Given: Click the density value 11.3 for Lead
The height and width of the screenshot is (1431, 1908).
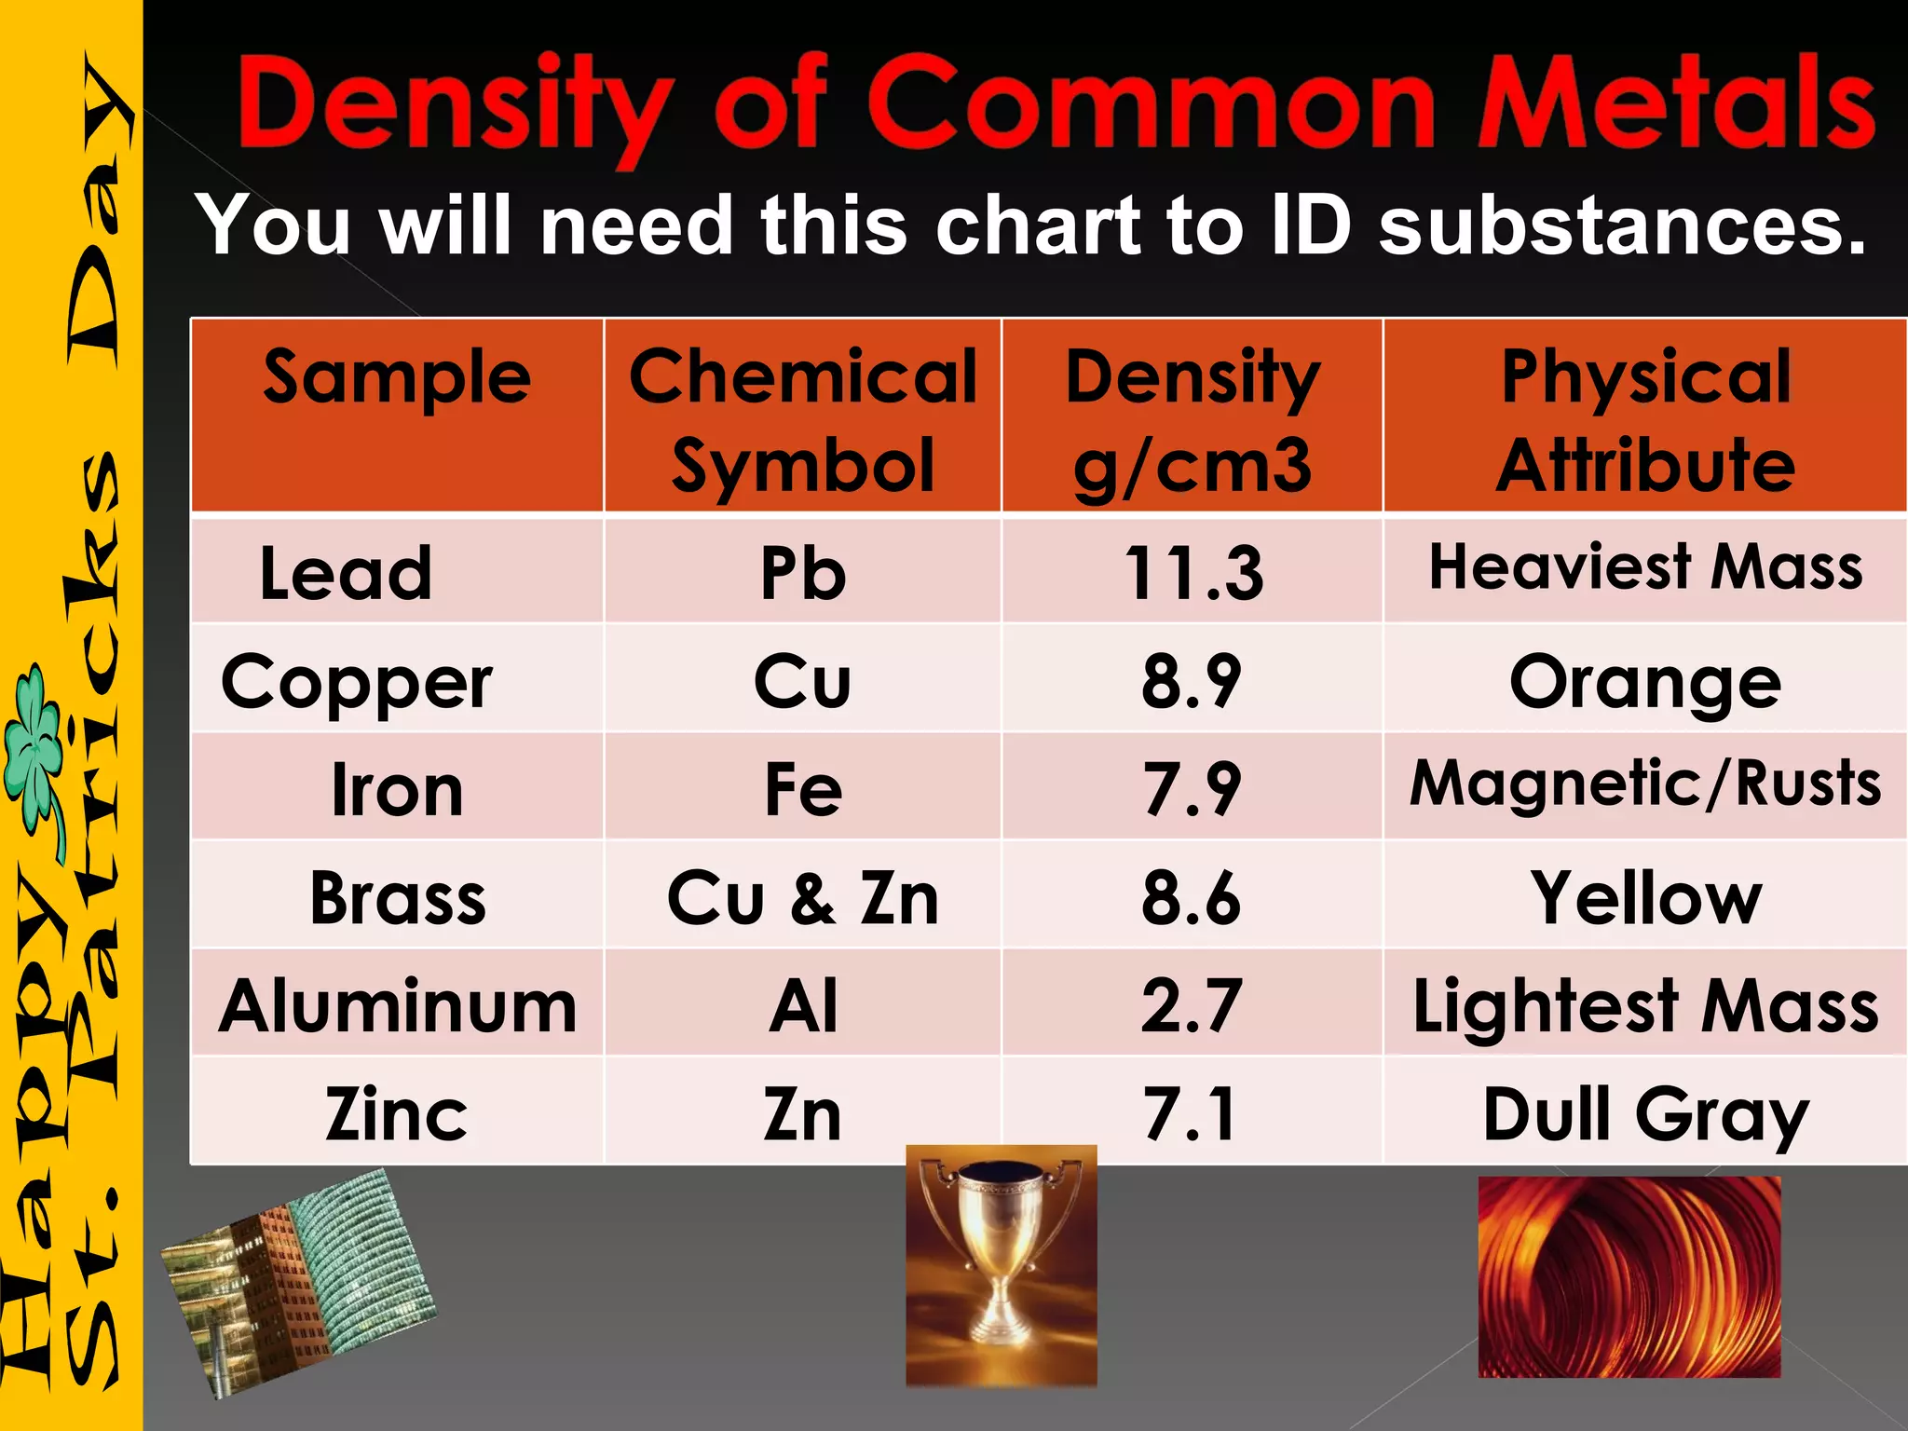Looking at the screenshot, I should tap(1193, 572).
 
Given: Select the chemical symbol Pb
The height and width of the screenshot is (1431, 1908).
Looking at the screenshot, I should tap(802, 572).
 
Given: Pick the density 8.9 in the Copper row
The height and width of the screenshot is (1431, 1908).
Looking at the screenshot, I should tap(1192, 681).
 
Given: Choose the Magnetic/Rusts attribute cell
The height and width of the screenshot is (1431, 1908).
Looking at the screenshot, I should tap(1645, 784).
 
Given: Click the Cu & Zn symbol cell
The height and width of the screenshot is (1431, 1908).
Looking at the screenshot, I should tap(802, 898).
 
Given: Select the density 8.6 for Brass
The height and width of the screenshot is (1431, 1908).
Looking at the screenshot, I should tap(1192, 898).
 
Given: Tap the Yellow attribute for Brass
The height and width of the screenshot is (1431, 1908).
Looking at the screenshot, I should tap(1645, 898).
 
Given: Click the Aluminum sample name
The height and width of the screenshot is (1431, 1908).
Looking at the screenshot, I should tap(398, 1007).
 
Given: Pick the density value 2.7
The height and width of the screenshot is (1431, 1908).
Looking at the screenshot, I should tap(1192, 1006).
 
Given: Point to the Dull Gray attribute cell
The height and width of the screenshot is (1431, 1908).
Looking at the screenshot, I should tap(1645, 1114).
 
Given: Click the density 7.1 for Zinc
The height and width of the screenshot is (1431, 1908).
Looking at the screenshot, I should tap(1192, 1114).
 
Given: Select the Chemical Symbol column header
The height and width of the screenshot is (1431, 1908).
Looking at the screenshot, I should tap(802, 419).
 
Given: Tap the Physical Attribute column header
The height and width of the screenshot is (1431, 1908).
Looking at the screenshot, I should tap(1645, 419).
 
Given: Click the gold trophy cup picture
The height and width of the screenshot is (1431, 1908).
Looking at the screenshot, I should tap(1002, 1264).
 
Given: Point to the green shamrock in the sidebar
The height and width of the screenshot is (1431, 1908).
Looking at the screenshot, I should tap(35, 745).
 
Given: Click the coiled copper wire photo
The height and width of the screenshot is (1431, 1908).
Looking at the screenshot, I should tap(1629, 1276).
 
